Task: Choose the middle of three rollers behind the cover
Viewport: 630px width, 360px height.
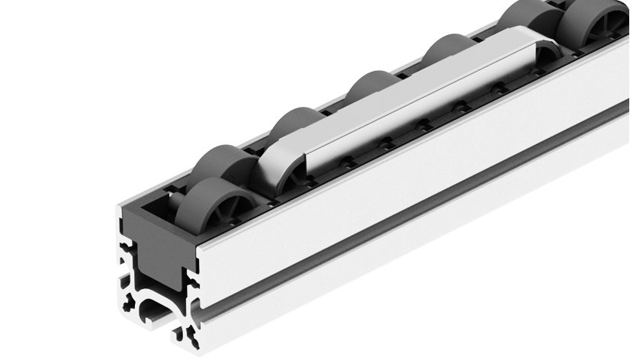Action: tap(374, 88)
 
